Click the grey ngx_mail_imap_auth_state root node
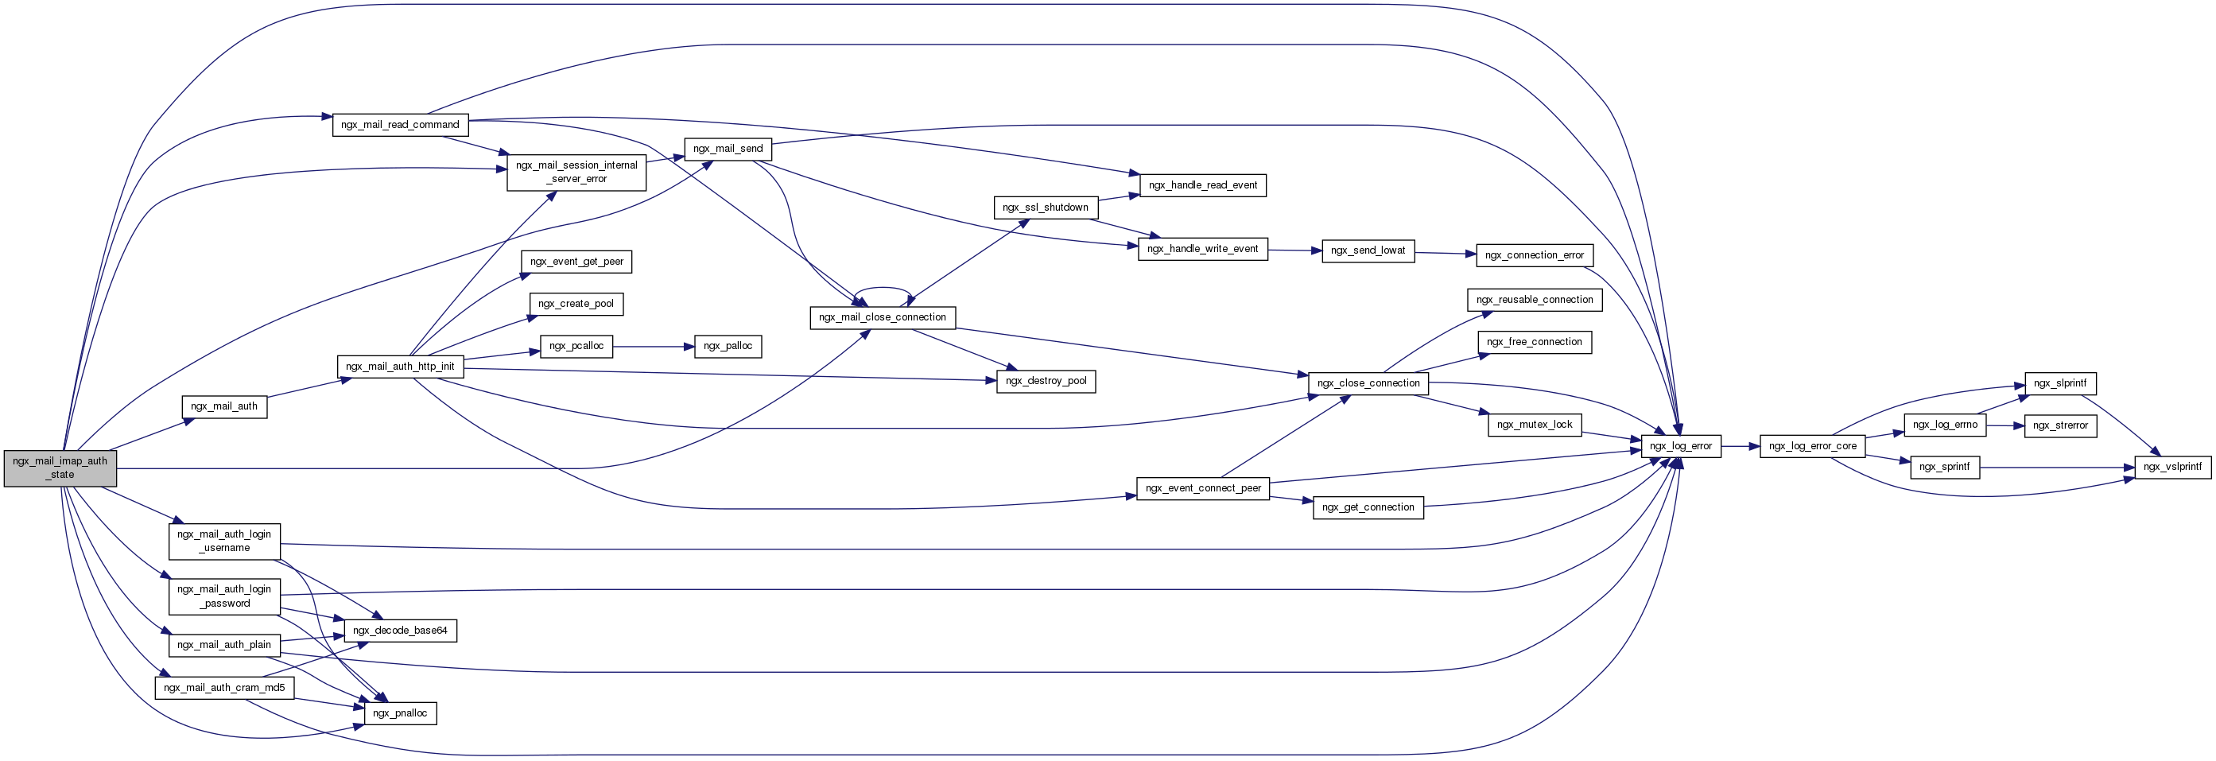point(60,468)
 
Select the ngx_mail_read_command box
point(400,125)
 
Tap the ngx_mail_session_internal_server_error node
point(576,172)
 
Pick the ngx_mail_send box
point(728,149)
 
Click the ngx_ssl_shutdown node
point(1046,208)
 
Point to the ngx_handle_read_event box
point(1203,184)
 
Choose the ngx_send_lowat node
point(1368,250)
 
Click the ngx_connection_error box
point(1535,255)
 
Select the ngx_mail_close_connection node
point(883,317)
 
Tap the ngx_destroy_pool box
point(1046,381)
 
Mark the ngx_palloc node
point(728,347)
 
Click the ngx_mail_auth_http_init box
point(400,367)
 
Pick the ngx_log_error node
point(1681,446)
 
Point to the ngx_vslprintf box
point(2173,467)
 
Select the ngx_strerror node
point(2060,425)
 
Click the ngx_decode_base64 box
point(400,631)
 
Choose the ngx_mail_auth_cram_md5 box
point(224,688)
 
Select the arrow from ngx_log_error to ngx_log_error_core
point(1741,446)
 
